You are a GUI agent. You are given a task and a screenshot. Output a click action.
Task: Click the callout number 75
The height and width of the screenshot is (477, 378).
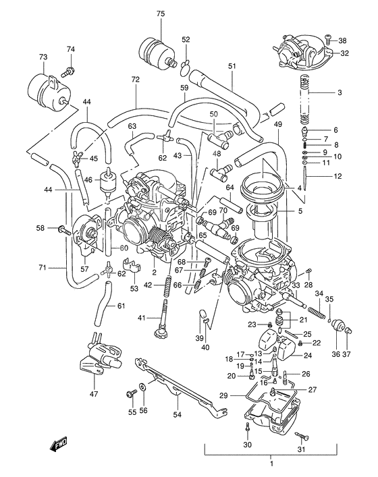tap(160, 14)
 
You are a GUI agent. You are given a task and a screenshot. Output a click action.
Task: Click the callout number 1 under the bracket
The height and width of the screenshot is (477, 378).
tap(271, 464)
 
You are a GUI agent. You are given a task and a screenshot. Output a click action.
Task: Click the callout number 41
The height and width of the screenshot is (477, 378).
tap(140, 318)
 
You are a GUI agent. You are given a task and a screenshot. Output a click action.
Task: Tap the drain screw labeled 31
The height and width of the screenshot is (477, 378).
tap(301, 436)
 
